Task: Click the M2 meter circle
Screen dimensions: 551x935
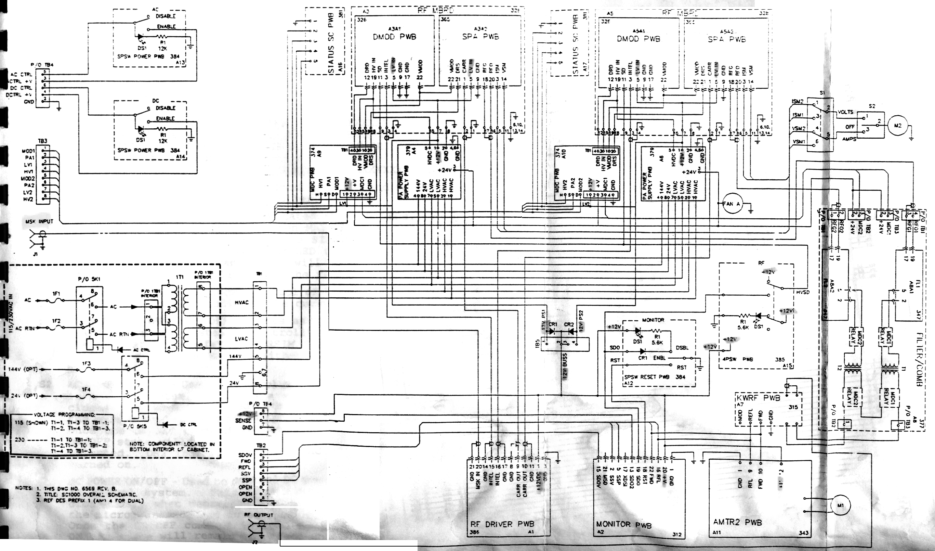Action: (897, 126)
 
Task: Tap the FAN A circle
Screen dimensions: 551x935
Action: (731, 204)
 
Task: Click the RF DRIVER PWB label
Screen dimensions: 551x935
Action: (502, 524)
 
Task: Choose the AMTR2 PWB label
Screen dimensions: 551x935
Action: (737, 522)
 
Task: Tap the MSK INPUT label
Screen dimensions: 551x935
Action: (39, 222)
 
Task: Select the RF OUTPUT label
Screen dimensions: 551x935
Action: (258, 515)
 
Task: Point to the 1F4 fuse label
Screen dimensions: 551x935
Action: (86, 389)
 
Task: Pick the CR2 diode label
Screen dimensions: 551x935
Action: (569, 324)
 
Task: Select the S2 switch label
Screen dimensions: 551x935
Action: (872, 106)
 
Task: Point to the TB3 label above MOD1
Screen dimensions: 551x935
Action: (43, 141)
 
